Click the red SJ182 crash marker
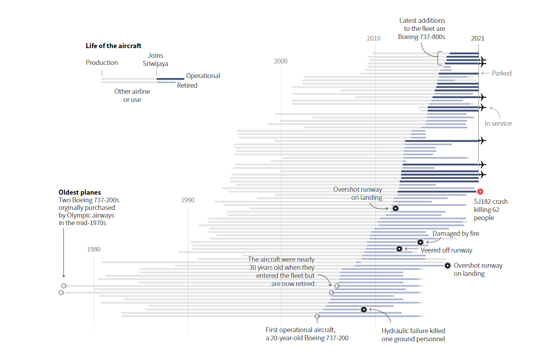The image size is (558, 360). (x=480, y=192)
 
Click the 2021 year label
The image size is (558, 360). (x=477, y=38)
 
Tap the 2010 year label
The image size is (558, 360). (x=374, y=38)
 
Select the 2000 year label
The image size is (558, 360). (x=281, y=61)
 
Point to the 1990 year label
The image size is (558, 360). (x=187, y=200)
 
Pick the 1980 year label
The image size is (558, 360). (x=93, y=249)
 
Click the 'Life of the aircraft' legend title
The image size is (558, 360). (x=114, y=46)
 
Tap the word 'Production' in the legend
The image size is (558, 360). (x=101, y=63)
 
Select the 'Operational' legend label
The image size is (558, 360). (x=203, y=76)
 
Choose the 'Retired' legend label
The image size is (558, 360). (x=187, y=86)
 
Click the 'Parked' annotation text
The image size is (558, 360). (x=501, y=74)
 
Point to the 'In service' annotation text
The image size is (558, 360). (x=498, y=124)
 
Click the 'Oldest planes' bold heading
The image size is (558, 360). (x=80, y=193)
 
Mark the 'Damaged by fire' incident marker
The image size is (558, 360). (x=420, y=242)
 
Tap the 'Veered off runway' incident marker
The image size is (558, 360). (x=399, y=248)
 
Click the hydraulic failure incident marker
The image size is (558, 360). (x=364, y=309)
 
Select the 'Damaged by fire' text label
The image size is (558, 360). (x=456, y=234)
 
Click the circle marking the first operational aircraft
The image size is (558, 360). (x=317, y=316)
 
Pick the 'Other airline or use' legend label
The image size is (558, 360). (x=132, y=96)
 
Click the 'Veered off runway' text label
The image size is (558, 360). (x=446, y=250)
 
